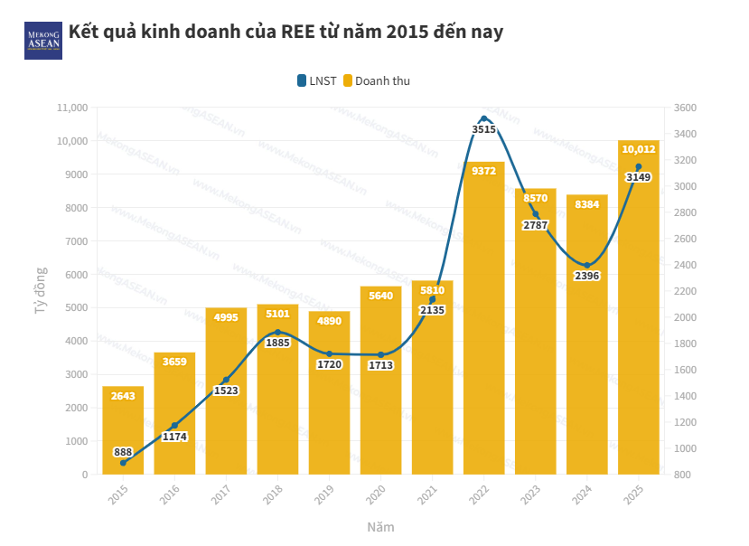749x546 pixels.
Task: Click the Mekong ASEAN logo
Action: [42, 41]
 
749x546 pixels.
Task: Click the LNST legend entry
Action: [316, 80]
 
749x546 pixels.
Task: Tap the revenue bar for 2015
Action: [123, 430]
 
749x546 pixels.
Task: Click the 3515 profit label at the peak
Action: [484, 129]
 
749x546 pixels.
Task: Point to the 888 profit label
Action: [123, 451]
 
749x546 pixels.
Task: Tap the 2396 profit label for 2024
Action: [587, 276]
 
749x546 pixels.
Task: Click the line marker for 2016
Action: [174, 426]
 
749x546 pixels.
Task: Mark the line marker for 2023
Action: [536, 214]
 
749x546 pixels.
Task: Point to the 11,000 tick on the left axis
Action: [71, 108]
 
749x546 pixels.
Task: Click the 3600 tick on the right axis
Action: [686, 108]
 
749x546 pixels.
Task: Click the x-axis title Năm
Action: [380, 526]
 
